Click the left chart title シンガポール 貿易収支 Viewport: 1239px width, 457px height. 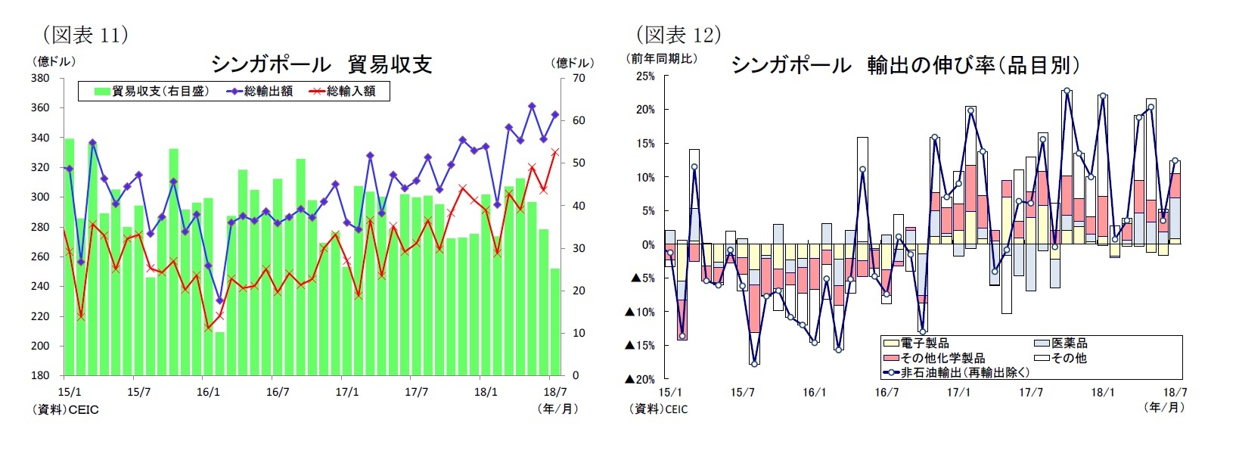(x=321, y=64)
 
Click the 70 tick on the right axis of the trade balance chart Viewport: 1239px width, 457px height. (x=579, y=78)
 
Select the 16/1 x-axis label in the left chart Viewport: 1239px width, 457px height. (x=208, y=392)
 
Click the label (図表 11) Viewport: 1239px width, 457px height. (x=85, y=35)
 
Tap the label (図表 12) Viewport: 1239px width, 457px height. (x=678, y=35)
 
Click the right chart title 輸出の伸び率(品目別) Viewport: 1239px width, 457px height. (x=905, y=65)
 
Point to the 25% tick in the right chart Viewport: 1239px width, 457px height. (x=645, y=76)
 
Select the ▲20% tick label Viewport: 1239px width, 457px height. (x=640, y=379)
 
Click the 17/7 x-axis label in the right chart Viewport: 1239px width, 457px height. (x=1030, y=392)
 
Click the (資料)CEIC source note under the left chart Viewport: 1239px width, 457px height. (x=66, y=409)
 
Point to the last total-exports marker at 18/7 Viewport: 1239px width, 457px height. (x=555, y=115)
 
